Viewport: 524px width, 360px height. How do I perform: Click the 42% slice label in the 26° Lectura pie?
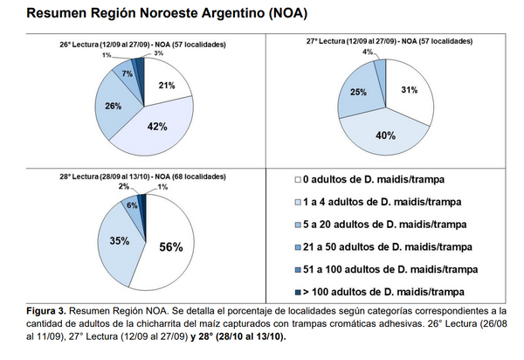tap(157, 128)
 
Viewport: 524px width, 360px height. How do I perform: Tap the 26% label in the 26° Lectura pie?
tap(112, 107)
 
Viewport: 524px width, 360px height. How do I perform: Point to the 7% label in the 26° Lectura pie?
tap(128, 73)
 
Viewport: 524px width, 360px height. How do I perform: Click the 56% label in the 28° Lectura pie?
tap(170, 247)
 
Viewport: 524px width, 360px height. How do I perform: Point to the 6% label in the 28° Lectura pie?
tap(131, 204)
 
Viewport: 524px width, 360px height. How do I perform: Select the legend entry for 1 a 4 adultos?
tap(370, 203)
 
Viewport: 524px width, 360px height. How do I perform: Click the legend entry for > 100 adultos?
tap(377, 291)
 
